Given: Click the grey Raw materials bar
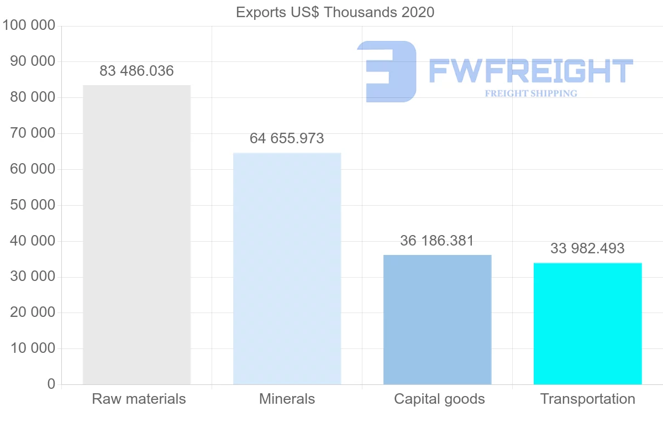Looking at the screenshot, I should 136,235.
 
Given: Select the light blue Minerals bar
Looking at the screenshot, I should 287,268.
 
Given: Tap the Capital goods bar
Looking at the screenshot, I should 437,320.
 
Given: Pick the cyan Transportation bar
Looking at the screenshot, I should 587,324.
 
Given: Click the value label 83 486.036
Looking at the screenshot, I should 136,71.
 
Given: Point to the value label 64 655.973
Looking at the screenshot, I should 287,138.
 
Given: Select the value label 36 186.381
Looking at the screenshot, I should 437,241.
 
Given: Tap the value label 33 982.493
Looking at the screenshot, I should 587,249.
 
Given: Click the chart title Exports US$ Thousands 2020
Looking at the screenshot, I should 335,12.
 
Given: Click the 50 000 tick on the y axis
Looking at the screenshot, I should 33,205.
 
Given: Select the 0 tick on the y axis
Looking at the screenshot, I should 51,384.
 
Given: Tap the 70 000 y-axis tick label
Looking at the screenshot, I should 33,133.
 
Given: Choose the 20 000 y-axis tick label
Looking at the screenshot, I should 33,312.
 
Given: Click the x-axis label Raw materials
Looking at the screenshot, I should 139,399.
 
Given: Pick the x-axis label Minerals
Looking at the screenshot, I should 287,399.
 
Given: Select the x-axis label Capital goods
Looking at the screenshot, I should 439,399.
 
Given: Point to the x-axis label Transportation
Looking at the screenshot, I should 587,399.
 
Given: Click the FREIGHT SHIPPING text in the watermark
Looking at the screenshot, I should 531,93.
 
